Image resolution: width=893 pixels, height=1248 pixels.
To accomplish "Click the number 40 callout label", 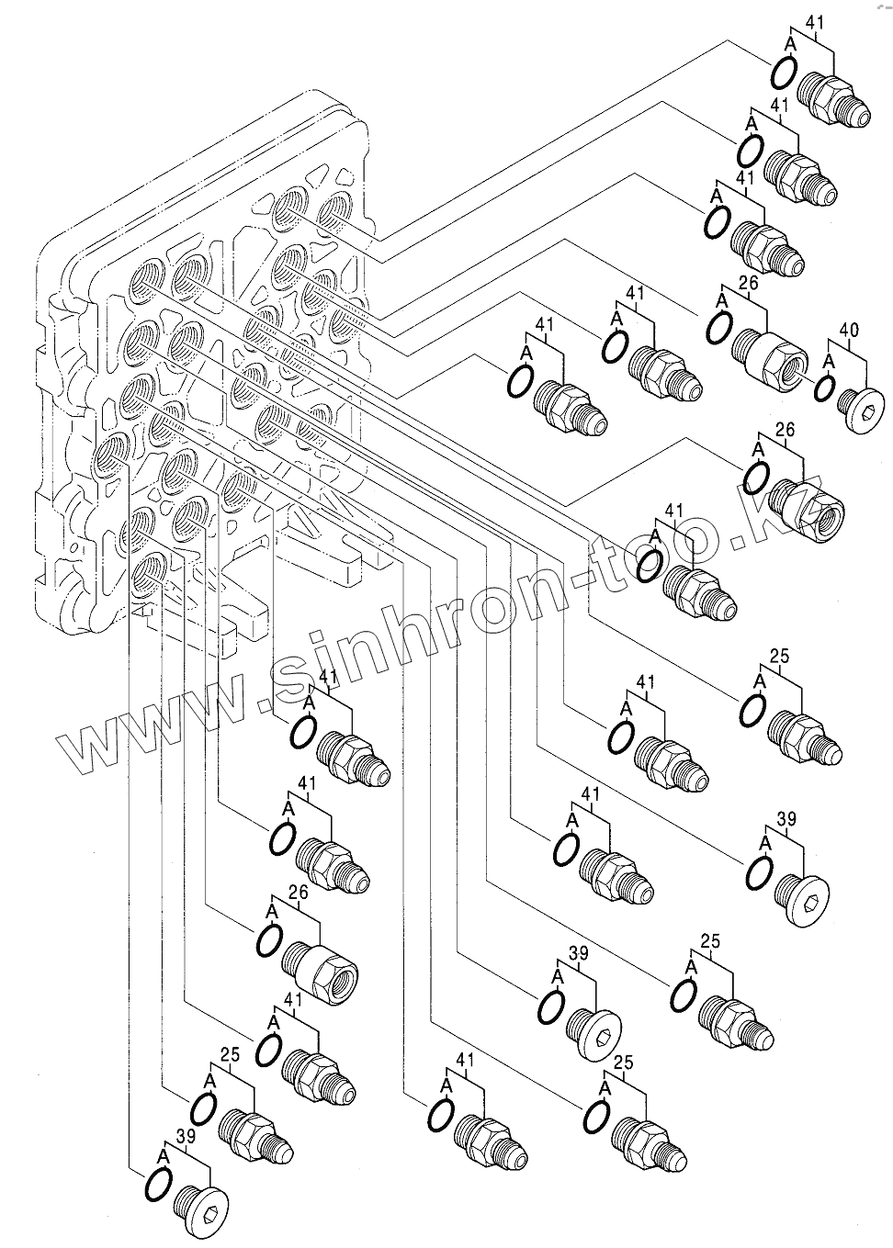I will click(849, 329).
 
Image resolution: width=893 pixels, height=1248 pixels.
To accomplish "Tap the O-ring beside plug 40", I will click(826, 389).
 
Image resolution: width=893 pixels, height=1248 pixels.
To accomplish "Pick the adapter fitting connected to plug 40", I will click(771, 356).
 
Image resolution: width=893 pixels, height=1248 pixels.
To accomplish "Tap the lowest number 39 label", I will click(187, 1137).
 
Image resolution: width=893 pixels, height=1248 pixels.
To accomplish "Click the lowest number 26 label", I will click(298, 892).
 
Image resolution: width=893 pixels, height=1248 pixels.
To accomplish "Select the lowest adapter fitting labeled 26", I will click(321, 966).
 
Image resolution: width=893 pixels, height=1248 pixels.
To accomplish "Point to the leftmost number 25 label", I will click(230, 1054).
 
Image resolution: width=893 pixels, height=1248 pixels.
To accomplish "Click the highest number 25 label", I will click(780, 657).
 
